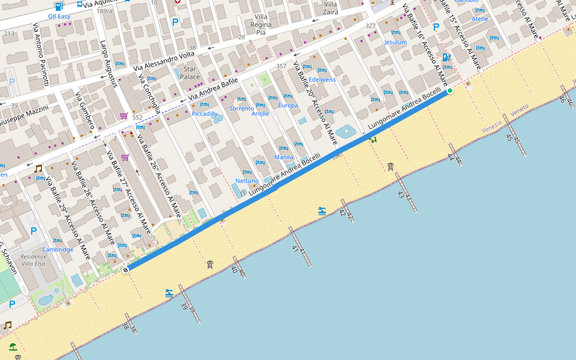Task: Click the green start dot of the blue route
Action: [449, 91]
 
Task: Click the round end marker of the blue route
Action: [125, 270]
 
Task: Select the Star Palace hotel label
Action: [190, 73]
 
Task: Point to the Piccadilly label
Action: [205, 113]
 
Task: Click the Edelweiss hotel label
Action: [322, 79]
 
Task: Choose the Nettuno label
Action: [247, 181]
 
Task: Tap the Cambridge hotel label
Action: [58, 250]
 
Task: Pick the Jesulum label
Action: [395, 43]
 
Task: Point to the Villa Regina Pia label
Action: [261, 25]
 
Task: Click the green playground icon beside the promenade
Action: [373, 139]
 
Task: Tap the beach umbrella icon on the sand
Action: [13, 346]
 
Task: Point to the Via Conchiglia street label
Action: [150, 93]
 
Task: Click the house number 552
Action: [137, 118]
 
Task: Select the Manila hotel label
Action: [284, 157]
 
